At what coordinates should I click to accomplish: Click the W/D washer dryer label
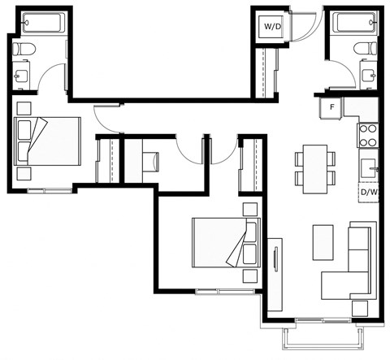coord(273,27)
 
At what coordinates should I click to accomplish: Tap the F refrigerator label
coord(331,107)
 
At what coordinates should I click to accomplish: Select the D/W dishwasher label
coord(369,193)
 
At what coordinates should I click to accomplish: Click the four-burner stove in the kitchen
coord(367,135)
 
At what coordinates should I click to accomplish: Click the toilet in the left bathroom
coord(24,49)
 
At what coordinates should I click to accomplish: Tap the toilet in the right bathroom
coord(366,48)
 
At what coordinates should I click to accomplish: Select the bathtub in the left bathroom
coord(43,23)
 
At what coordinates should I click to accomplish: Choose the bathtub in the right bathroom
coord(356,23)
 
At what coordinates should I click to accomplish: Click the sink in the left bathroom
coord(20,76)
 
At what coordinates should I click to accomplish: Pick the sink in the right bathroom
coord(369,75)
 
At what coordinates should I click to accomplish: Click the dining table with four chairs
coord(315,169)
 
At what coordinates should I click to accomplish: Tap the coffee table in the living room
coord(323,242)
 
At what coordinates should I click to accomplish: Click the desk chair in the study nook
coord(151,162)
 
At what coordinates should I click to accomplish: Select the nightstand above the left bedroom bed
coord(24,108)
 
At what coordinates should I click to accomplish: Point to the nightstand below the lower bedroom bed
coord(250,276)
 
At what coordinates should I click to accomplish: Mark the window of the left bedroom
coord(50,190)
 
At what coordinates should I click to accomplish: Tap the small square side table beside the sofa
coord(360,309)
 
